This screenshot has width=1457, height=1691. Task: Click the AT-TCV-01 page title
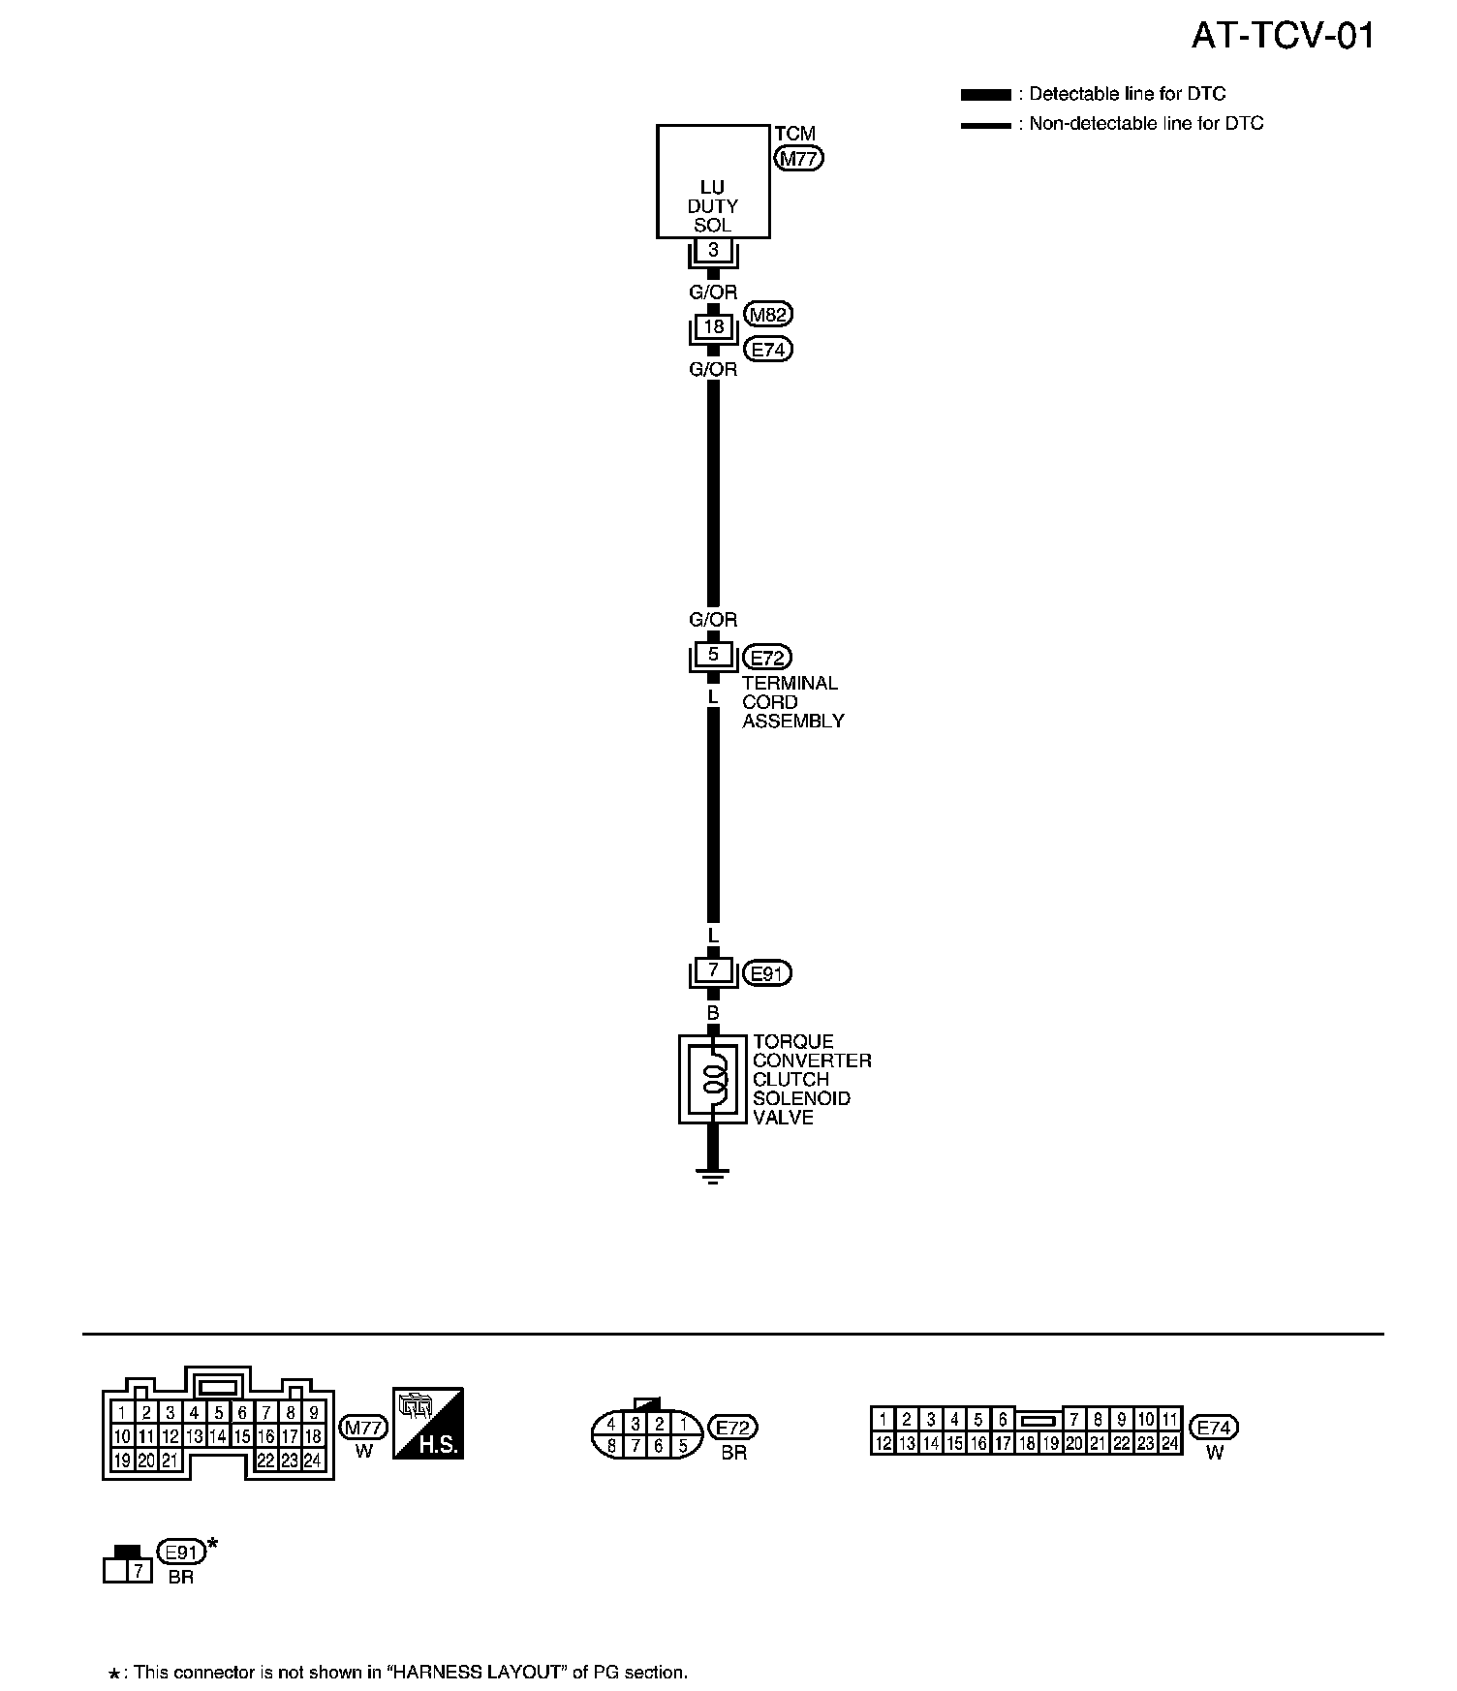(1282, 37)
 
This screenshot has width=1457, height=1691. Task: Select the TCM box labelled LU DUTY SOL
(713, 182)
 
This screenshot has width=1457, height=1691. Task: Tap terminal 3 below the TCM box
(714, 250)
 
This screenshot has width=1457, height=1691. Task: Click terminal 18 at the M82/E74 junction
(714, 327)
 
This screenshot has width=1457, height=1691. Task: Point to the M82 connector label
(769, 314)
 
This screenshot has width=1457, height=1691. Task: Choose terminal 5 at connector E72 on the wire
(714, 655)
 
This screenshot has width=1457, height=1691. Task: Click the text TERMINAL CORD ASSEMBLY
(792, 702)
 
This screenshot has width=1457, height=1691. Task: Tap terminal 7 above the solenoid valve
(714, 969)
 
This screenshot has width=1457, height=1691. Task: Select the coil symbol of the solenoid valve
(714, 1079)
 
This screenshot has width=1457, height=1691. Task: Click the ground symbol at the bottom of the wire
(713, 1177)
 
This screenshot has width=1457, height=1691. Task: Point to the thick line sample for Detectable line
(985, 95)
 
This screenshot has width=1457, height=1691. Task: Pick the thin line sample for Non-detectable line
(985, 125)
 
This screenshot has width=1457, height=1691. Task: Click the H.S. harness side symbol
(427, 1424)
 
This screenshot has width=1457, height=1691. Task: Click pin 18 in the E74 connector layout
(1026, 1443)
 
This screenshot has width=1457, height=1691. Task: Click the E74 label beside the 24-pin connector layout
(1215, 1428)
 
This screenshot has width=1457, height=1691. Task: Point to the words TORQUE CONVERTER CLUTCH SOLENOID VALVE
(812, 1080)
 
